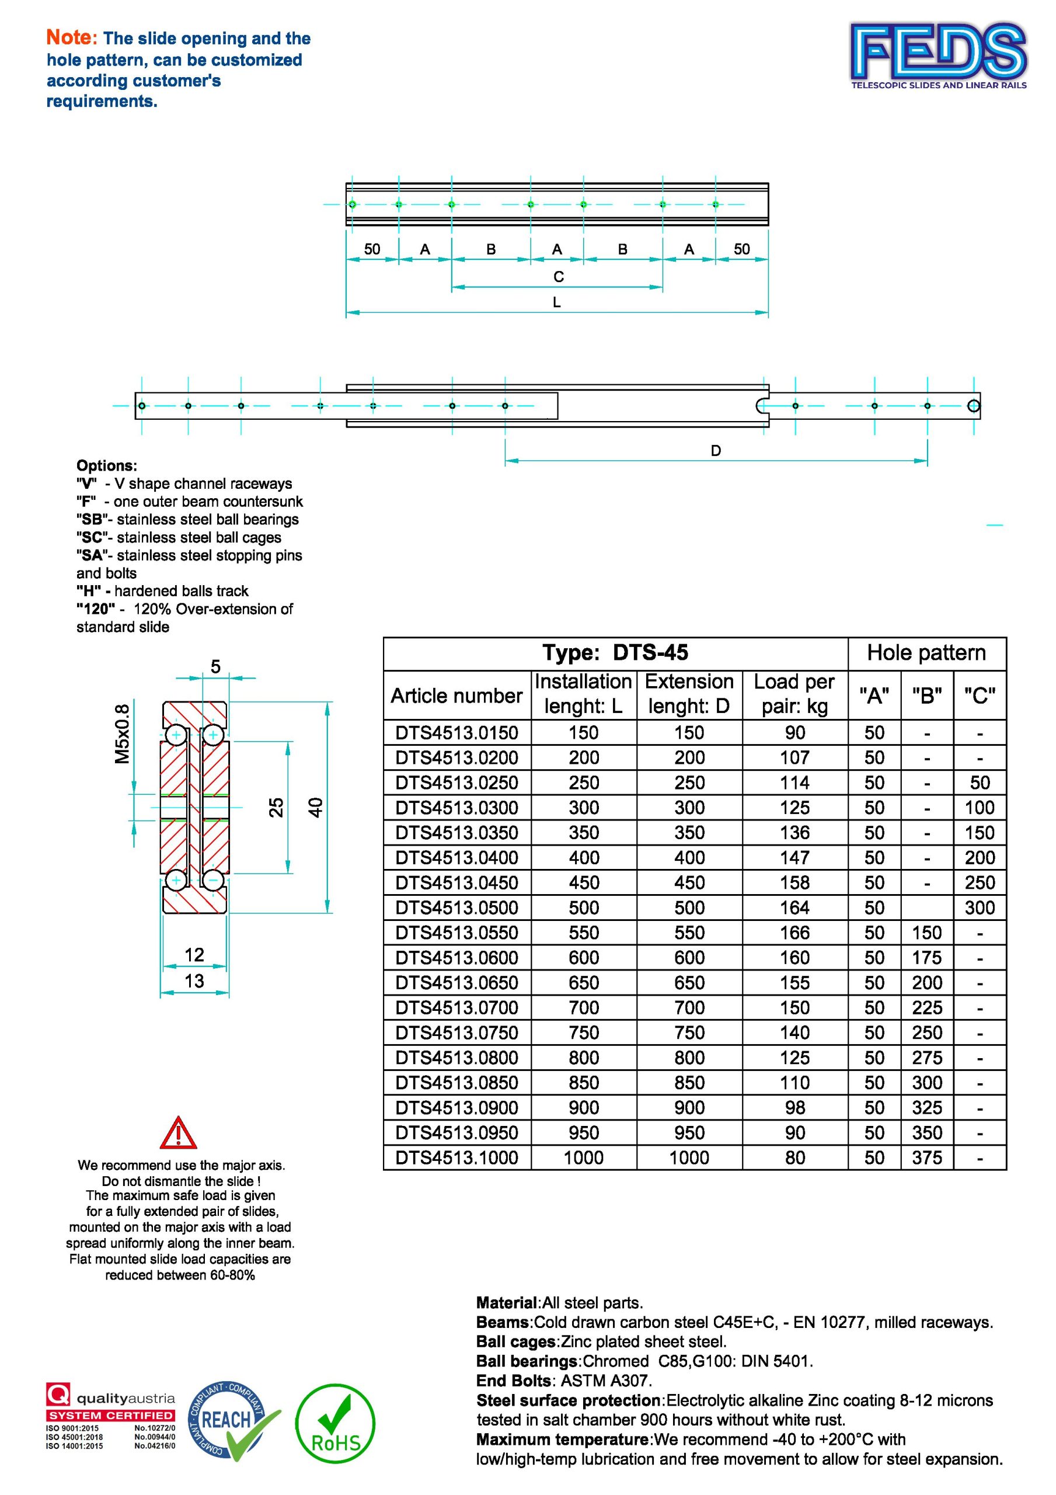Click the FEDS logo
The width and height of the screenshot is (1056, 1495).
click(x=938, y=55)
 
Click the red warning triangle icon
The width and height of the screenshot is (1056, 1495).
click(x=177, y=1133)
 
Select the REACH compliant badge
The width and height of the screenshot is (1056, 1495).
click(x=231, y=1421)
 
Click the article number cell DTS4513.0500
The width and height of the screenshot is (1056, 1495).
click(x=456, y=908)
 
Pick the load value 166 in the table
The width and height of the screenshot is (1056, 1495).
click(x=794, y=933)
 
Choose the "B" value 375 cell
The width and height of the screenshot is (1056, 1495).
click(x=926, y=1157)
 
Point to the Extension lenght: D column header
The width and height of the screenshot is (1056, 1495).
click(x=689, y=694)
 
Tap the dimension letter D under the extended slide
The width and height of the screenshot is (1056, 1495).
click(x=716, y=451)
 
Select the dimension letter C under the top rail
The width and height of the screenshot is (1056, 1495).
click(x=558, y=277)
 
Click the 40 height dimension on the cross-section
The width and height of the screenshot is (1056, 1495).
click(x=315, y=808)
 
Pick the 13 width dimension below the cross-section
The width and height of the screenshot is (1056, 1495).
click(x=194, y=981)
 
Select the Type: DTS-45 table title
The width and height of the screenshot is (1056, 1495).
click(x=615, y=653)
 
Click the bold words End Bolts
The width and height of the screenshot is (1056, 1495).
click(x=513, y=1381)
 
